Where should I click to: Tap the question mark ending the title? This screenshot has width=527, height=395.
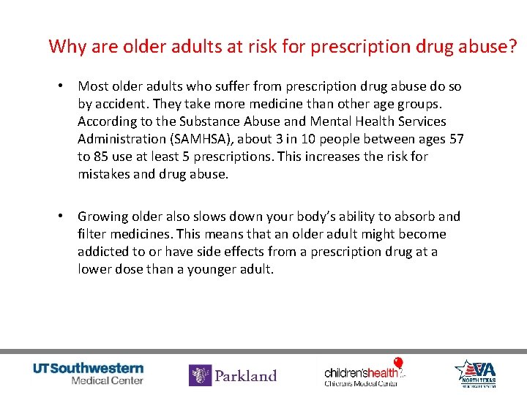pyautogui.click(x=512, y=47)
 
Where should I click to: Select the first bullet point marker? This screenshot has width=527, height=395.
pyautogui.click(x=63, y=86)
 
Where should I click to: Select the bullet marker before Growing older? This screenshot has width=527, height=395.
pyautogui.click(x=63, y=217)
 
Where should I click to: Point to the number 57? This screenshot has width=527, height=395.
pyautogui.click(x=456, y=139)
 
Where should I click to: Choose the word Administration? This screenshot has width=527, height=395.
pyautogui.click(x=122, y=139)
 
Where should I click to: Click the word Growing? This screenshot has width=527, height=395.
pyautogui.click(x=102, y=217)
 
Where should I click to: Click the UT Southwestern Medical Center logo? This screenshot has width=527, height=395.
pyautogui.click(x=89, y=373)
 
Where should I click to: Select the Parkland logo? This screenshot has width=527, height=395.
pyautogui.click(x=233, y=375)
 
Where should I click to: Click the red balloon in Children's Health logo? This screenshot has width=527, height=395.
pyautogui.click(x=398, y=363)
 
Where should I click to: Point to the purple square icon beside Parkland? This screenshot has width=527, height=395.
pyautogui.click(x=200, y=375)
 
